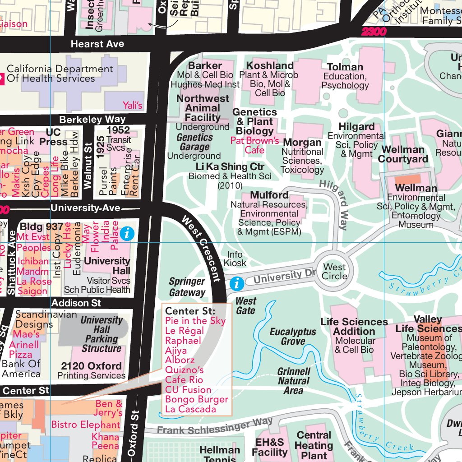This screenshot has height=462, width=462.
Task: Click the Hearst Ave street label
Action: click(97, 44)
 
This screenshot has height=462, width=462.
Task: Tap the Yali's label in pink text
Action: click(132, 106)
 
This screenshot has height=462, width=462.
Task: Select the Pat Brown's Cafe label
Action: click(254, 145)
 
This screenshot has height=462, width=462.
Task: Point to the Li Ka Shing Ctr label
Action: click(230, 167)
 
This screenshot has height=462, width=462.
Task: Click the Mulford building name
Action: click(269, 195)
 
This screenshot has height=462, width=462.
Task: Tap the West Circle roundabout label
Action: click(334, 272)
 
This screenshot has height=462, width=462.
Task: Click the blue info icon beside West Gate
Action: click(237, 284)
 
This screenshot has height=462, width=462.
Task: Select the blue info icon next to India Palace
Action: click(128, 233)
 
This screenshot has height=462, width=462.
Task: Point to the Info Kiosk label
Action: click(235, 259)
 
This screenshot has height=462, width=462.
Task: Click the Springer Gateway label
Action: click(187, 287)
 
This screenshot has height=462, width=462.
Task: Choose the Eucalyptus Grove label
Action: click(293, 337)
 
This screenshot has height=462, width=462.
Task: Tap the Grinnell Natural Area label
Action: click(294, 381)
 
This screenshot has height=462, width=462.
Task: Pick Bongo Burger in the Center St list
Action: click(197, 400)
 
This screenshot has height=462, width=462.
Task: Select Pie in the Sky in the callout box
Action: click(195, 321)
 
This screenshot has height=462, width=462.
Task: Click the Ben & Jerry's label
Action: click(108, 408)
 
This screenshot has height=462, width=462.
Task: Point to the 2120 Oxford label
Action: click(92, 366)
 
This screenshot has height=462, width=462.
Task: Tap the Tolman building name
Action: click(345, 67)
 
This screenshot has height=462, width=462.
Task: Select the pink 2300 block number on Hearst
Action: click(374, 32)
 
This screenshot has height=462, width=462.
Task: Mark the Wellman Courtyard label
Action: click(403, 154)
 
